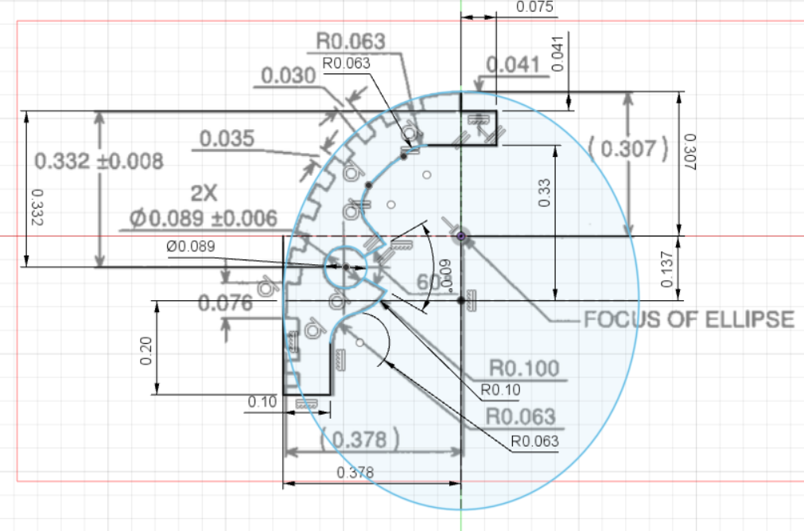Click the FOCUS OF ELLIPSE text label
[x=689, y=319]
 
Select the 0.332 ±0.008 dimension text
[x=99, y=161]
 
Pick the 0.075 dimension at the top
[x=535, y=7]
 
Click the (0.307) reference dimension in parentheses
[x=627, y=148]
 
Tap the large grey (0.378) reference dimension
[x=357, y=439]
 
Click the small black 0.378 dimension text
[x=356, y=472]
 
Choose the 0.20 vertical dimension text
[x=146, y=349]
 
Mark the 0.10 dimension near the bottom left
[x=262, y=402]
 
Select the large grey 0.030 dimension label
[x=288, y=76]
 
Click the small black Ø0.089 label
[x=191, y=247]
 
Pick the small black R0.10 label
[x=499, y=391]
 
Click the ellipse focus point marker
[x=462, y=235]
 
